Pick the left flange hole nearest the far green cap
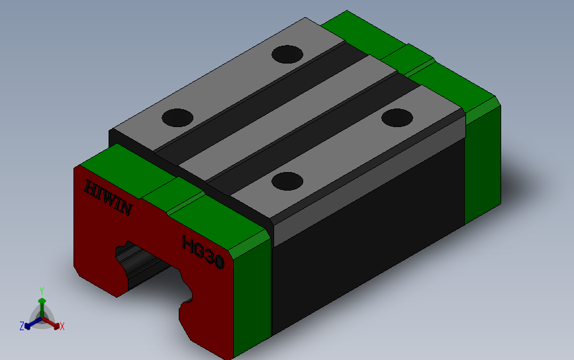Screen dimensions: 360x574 coord(287,54)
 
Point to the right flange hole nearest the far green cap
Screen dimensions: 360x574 coord(397,117)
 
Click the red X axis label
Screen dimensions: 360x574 coord(62,326)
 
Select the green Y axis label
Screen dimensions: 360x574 coord(41,291)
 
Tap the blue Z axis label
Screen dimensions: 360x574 coord(22,326)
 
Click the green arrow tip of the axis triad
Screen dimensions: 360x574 coord(42,301)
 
